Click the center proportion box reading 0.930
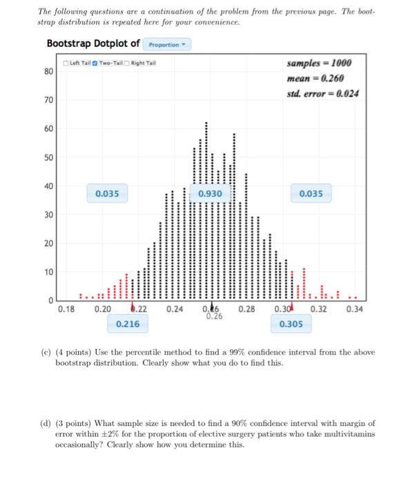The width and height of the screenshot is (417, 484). pyautogui.click(x=209, y=194)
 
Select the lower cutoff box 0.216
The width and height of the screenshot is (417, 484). pyautogui.click(x=128, y=324)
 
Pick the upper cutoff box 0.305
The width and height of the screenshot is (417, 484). pyautogui.click(x=291, y=324)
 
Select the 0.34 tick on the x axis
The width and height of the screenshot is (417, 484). pyautogui.click(x=353, y=309)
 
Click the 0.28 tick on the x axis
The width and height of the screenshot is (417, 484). pyautogui.click(x=246, y=309)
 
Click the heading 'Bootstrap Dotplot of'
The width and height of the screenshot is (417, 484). pyautogui.click(x=93, y=44)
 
